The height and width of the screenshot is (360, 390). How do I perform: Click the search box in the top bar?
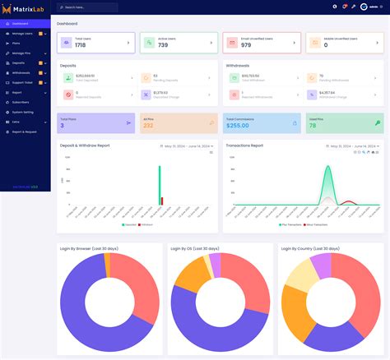(91, 7)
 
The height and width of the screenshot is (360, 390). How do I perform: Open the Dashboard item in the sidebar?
(21, 24)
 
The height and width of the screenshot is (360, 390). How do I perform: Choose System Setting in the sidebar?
(23, 111)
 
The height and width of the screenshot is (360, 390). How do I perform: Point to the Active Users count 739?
(163, 45)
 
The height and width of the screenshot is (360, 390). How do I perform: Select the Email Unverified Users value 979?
(246, 45)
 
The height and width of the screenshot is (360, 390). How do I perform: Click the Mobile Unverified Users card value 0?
(325, 45)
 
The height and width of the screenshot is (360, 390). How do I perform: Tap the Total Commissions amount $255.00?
(238, 126)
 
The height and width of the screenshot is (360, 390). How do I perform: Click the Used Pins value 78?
(312, 126)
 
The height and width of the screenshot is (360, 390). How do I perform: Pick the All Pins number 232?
(148, 126)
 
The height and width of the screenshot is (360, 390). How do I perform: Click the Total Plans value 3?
(63, 126)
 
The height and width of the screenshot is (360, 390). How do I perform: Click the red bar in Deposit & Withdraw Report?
(162, 201)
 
